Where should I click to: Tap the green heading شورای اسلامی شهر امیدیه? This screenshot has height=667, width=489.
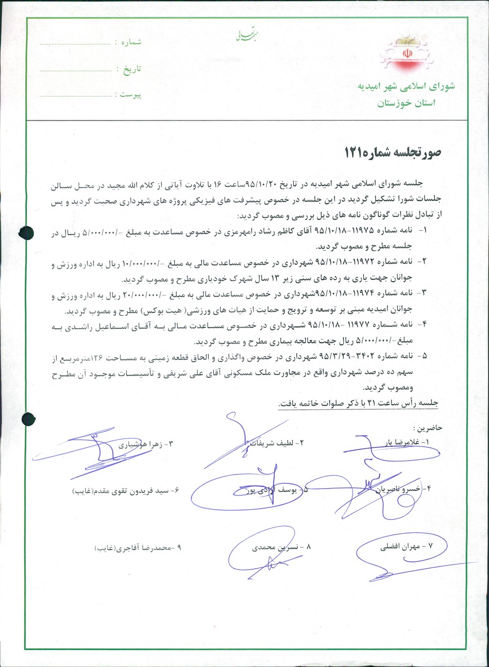pos(406,86)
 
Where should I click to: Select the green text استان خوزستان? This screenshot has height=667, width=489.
pos(406,104)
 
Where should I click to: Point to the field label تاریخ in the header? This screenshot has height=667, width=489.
pos(132,69)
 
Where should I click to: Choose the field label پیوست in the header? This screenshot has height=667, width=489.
pos(130,94)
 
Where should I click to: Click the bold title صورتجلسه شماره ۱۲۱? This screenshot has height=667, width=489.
pos(393,153)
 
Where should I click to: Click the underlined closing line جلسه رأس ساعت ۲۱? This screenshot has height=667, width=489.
pos(358,404)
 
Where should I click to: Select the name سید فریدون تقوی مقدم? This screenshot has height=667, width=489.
pos(125,490)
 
